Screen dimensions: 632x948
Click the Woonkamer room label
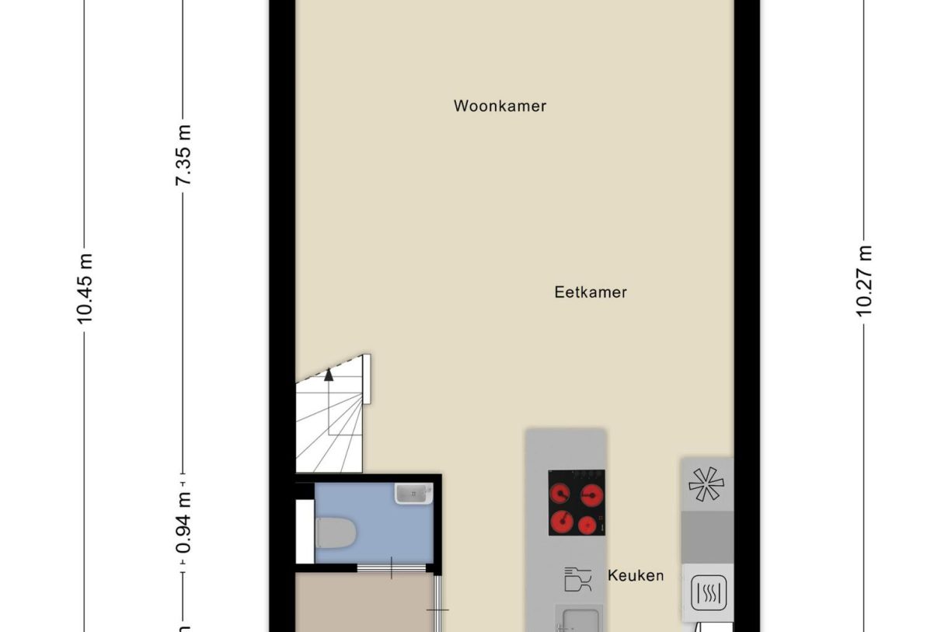(x=500, y=106)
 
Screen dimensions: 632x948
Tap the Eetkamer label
(x=591, y=293)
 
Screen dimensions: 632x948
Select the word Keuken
(x=636, y=576)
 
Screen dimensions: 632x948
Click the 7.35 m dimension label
(x=183, y=155)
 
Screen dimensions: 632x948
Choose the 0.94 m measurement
(x=183, y=522)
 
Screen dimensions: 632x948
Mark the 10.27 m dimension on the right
(x=865, y=281)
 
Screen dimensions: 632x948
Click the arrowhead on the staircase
(x=329, y=375)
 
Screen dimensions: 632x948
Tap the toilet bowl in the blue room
(x=336, y=532)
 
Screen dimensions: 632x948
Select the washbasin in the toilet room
(x=413, y=493)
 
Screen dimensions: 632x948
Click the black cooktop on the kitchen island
(x=576, y=503)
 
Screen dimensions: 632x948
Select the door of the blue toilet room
(x=392, y=569)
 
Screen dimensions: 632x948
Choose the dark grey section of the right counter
(x=707, y=536)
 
